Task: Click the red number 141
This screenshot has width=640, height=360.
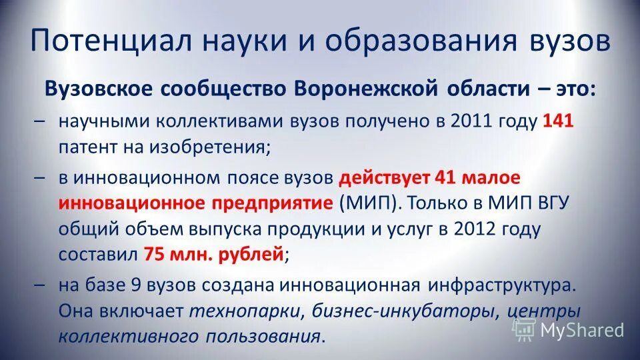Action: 559,122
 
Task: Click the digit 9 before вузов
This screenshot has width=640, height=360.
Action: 135,286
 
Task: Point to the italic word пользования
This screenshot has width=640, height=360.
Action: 269,336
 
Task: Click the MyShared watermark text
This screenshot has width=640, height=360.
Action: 582,329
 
